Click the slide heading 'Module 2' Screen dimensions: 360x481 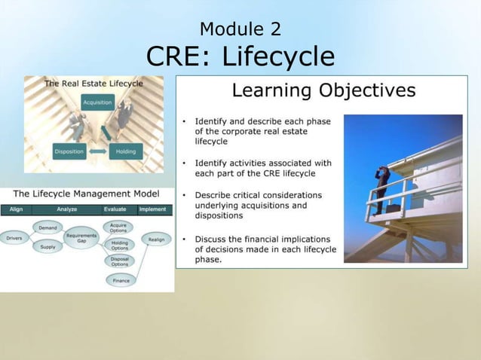click(x=240, y=29)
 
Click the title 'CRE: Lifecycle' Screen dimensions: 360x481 click(x=240, y=56)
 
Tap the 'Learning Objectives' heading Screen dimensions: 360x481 click(x=323, y=91)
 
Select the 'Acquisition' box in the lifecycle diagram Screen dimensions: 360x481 click(x=97, y=102)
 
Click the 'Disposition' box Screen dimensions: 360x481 click(x=69, y=151)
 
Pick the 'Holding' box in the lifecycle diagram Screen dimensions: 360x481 click(x=126, y=151)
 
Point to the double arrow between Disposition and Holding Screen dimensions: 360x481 click(x=98, y=151)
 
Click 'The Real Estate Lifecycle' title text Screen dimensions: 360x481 click(x=93, y=83)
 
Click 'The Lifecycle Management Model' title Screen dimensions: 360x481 click(x=86, y=194)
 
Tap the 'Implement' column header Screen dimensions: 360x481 click(x=154, y=209)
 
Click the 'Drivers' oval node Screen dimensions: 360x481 click(x=14, y=238)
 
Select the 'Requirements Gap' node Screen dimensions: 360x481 click(x=81, y=237)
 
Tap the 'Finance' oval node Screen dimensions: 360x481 click(x=120, y=280)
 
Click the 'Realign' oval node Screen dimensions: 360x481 click(x=156, y=239)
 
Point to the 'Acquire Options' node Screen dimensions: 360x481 click(x=118, y=227)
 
